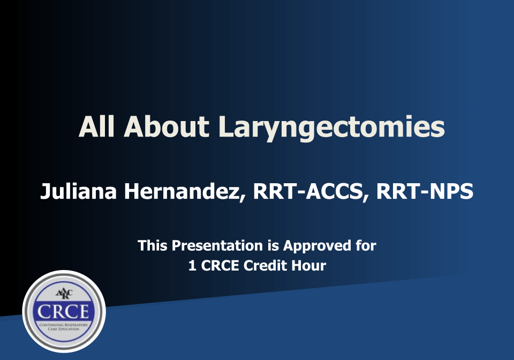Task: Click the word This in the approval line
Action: point(153,246)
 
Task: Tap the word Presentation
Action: point(217,246)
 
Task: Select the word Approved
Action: point(316,246)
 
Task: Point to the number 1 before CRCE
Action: point(192,265)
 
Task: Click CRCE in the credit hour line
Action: point(220,265)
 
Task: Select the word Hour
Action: point(309,265)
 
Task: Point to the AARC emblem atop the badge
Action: point(64,294)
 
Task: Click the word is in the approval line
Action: point(273,246)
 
